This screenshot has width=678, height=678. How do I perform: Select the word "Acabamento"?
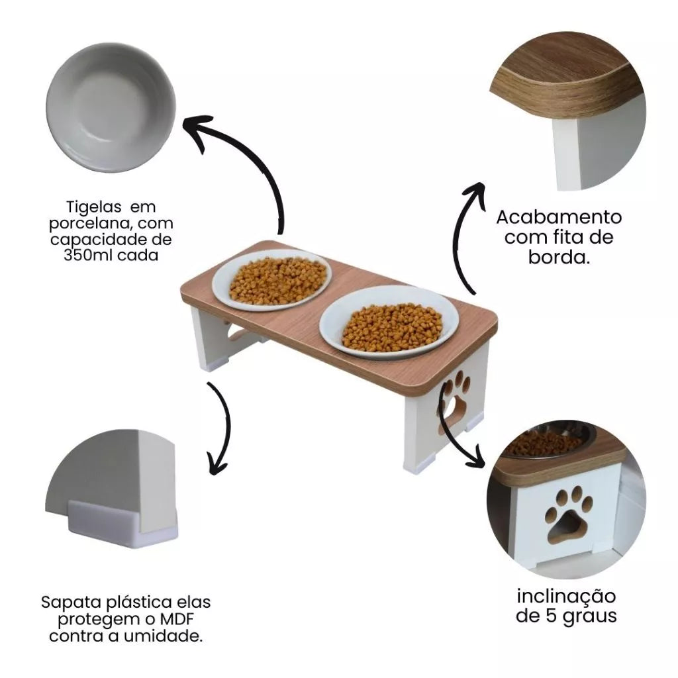coord(559,217)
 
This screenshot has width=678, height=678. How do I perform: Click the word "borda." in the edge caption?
coord(559,258)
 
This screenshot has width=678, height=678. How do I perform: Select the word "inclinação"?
coord(566,597)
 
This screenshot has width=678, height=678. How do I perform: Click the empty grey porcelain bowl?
coord(111,107)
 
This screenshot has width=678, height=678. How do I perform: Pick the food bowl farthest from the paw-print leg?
coord(272,280)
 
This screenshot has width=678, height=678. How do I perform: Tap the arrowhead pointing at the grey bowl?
coord(197,129)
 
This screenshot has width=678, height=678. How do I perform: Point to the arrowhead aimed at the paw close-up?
coord(476,458)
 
